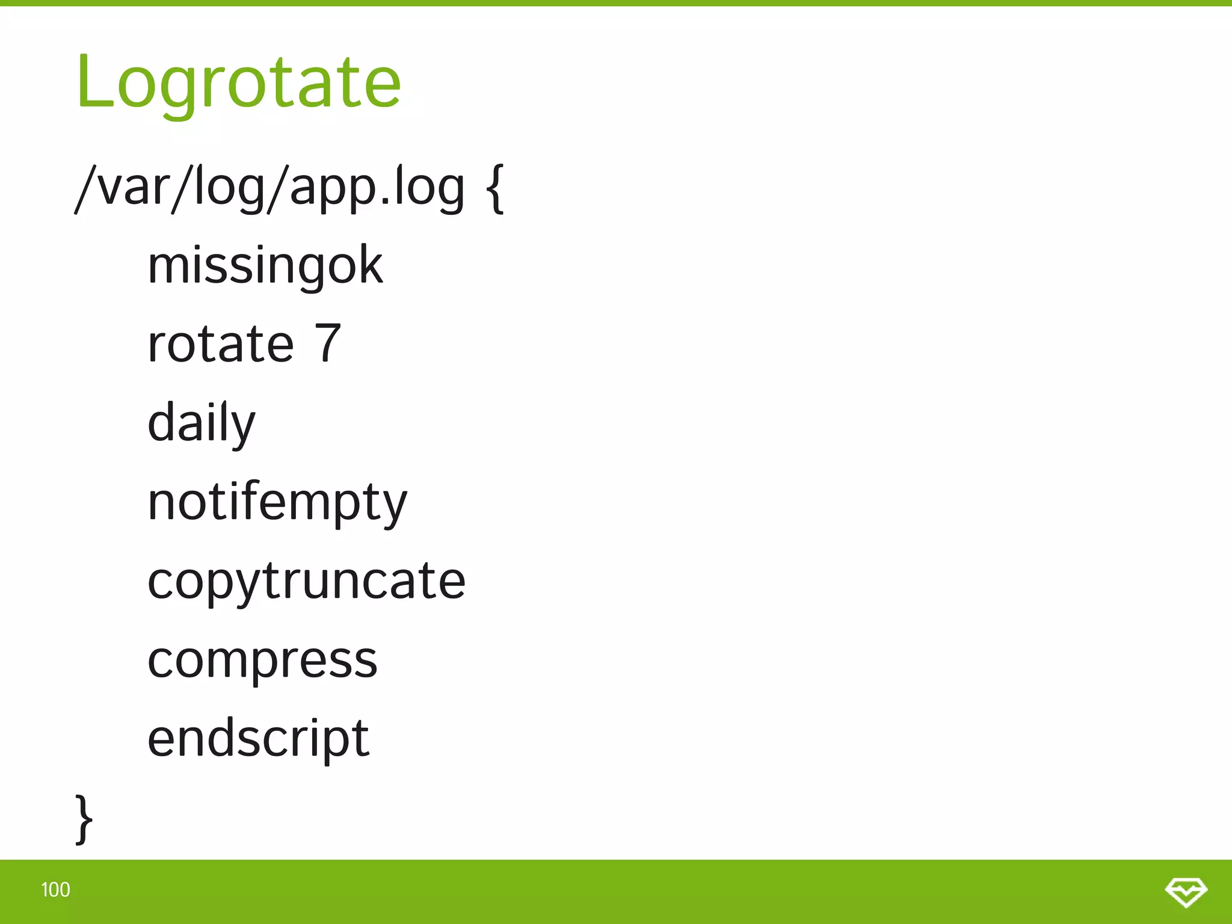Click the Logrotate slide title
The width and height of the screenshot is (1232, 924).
click(x=238, y=82)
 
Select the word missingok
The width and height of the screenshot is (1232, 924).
click(x=265, y=266)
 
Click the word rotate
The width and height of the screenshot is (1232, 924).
click(x=221, y=344)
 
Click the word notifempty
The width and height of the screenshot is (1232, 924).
click(x=277, y=503)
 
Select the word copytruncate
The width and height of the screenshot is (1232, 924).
click(x=306, y=582)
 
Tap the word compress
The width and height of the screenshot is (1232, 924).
click(x=262, y=661)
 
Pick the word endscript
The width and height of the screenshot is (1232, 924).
click(x=258, y=739)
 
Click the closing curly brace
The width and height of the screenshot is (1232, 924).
click(x=84, y=819)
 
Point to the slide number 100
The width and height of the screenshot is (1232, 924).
click(x=55, y=890)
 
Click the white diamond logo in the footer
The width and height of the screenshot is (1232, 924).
click(x=1186, y=892)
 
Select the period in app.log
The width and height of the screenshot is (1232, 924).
click(x=378, y=202)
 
